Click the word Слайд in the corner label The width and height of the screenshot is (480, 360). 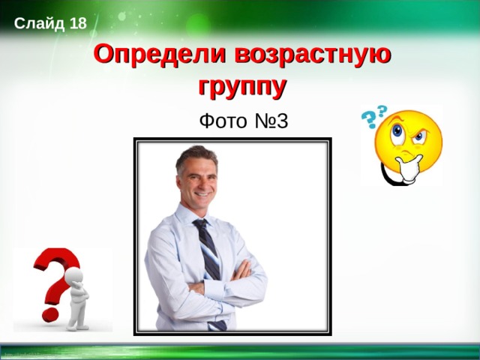tap(39, 23)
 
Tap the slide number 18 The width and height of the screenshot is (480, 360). tap(78, 23)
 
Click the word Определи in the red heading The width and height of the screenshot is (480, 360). tap(160, 55)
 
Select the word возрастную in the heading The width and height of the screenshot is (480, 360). tap(313, 55)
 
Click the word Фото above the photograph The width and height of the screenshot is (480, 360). tap(223, 121)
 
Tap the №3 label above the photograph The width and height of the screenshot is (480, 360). tap(271, 121)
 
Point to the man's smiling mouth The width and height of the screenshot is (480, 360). tap(202, 194)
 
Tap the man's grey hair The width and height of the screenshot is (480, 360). tap(196, 157)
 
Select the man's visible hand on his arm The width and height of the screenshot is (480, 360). tap(241, 270)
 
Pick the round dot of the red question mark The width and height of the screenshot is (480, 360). tap(50, 315)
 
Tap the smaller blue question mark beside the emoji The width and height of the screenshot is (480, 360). tap(382, 112)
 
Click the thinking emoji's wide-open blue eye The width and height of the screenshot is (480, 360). tap(397, 131)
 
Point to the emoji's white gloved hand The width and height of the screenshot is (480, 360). tap(409, 168)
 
